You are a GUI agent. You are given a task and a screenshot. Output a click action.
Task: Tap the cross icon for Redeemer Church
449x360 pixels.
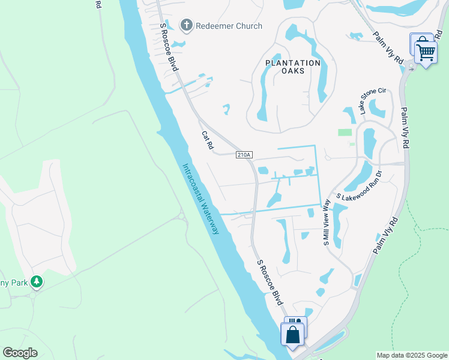[x=186, y=26]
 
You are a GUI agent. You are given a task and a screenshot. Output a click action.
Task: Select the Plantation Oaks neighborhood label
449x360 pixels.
[x=294, y=67]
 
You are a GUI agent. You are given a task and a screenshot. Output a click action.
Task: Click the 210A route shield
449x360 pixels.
[x=244, y=155]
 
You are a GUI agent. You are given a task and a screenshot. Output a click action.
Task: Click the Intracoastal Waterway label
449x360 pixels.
[x=201, y=199]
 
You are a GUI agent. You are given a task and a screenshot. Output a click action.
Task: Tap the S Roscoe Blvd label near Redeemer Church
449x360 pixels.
[x=169, y=47]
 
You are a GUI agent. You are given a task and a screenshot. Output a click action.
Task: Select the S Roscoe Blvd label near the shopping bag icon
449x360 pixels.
[x=270, y=282]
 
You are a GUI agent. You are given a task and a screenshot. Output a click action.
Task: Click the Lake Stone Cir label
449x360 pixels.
[x=373, y=100]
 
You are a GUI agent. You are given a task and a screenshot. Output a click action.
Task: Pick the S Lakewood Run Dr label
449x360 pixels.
[x=359, y=188]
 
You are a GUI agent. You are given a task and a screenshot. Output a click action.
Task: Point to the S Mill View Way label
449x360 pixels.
[x=327, y=223]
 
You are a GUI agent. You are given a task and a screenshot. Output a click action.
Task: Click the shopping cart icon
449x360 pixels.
[x=426, y=52]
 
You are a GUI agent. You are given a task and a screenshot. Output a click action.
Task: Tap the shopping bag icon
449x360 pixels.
[x=293, y=334]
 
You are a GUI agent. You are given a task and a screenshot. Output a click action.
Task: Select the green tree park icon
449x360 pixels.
[x=37, y=281]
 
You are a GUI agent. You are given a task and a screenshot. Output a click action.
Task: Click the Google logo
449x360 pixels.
[x=20, y=353]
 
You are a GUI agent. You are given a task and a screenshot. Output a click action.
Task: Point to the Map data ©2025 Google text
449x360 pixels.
[x=411, y=355]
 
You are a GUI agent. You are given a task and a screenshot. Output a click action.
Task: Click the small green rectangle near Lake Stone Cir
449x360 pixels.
[x=345, y=132]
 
